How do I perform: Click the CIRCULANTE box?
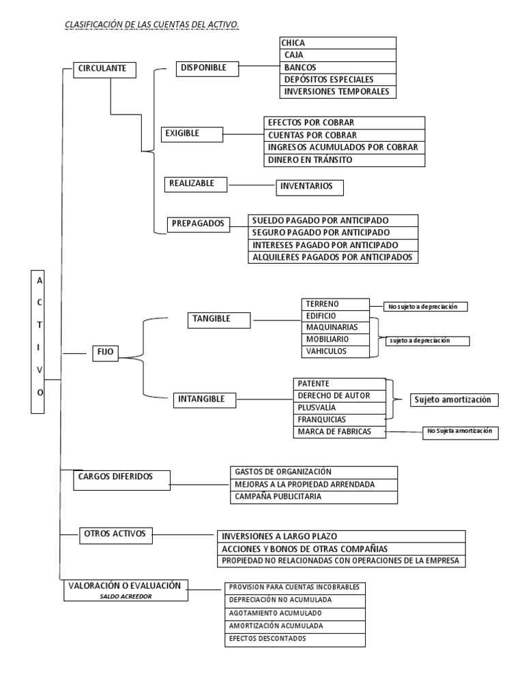click(x=104, y=70)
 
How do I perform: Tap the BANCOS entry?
click(x=338, y=67)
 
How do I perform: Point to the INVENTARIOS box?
click(x=310, y=186)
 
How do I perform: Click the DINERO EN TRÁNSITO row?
click(x=344, y=160)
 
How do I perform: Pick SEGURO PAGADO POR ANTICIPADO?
click(x=333, y=232)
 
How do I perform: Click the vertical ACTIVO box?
click(x=40, y=342)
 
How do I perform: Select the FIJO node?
click(x=105, y=352)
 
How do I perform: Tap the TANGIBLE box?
click(x=212, y=319)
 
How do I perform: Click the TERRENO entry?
click(x=335, y=304)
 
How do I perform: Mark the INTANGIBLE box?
click(x=205, y=399)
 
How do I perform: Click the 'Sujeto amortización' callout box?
click(x=453, y=400)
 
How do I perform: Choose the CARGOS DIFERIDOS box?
click(x=122, y=479)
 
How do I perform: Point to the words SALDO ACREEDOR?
click(x=126, y=596)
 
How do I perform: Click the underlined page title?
click(x=151, y=25)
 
